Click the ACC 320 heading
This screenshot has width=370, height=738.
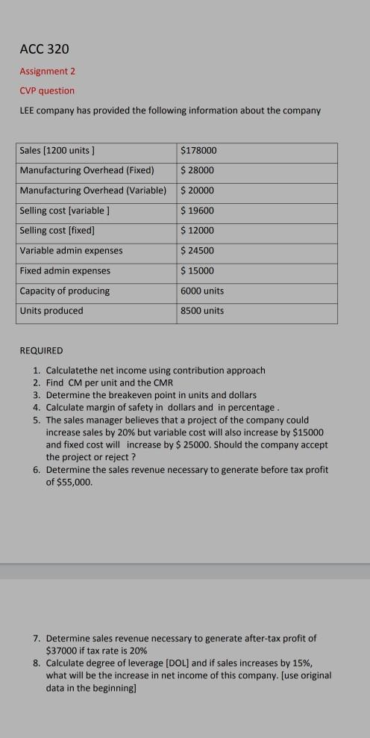coord(44,49)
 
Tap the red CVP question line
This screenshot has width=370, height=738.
coord(47,90)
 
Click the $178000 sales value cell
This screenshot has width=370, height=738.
coord(198,150)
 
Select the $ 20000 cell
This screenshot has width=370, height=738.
coord(198,190)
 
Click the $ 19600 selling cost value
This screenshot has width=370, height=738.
coord(198,211)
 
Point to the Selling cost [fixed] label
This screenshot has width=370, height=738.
coord(57,230)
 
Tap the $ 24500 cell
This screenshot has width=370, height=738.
coord(198,250)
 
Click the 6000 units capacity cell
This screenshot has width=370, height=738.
coord(202,291)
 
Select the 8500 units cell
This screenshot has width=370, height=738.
coord(202,311)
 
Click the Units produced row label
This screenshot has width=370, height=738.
coord(51,311)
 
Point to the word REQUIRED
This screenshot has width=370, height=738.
coord(42,350)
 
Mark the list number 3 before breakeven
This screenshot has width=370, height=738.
coord(36,394)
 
